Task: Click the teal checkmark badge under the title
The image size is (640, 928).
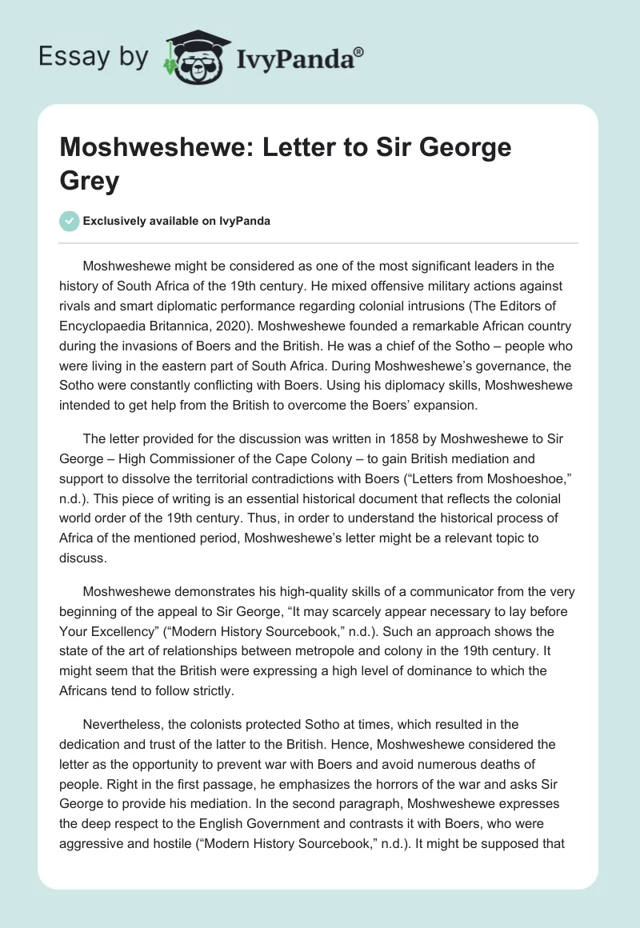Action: pyautogui.click(x=70, y=222)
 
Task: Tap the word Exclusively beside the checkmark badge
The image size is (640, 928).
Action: pyautogui.click(x=115, y=222)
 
